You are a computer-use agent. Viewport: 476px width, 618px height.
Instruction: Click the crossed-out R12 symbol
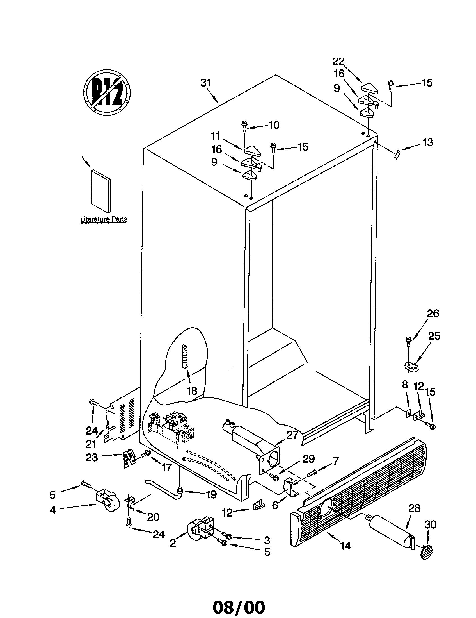pos(107,92)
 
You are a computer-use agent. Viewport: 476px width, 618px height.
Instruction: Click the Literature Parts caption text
pos(104,219)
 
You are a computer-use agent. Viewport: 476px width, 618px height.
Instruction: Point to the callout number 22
pos(339,61)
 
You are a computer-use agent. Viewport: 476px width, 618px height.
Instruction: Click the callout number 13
pos(428,143)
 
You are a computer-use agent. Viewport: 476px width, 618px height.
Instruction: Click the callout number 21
pos(91,444)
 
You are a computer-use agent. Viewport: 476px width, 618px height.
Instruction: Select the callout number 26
pos(433,313)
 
